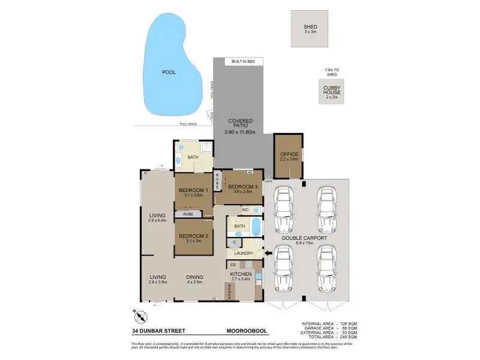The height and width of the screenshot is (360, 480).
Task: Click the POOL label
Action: pos(169,71)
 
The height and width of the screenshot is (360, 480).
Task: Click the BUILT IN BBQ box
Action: pos(243,62)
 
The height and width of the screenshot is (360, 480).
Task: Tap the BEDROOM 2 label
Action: pos(193,236)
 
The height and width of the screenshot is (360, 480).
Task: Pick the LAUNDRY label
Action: pos(244,253)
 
